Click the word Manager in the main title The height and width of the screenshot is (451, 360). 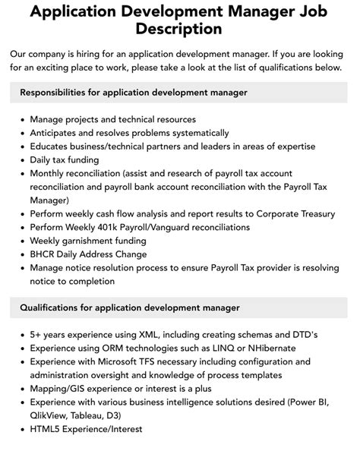[264, 11]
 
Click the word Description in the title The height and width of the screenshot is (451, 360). [180, 30]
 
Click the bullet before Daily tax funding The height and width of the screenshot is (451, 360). [21, 159]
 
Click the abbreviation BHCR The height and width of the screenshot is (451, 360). [44, 254]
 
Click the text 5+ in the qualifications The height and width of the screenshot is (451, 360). [36, 335]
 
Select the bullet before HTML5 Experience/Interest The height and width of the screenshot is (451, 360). [21, 430]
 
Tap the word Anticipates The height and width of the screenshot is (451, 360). [58, 133]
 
